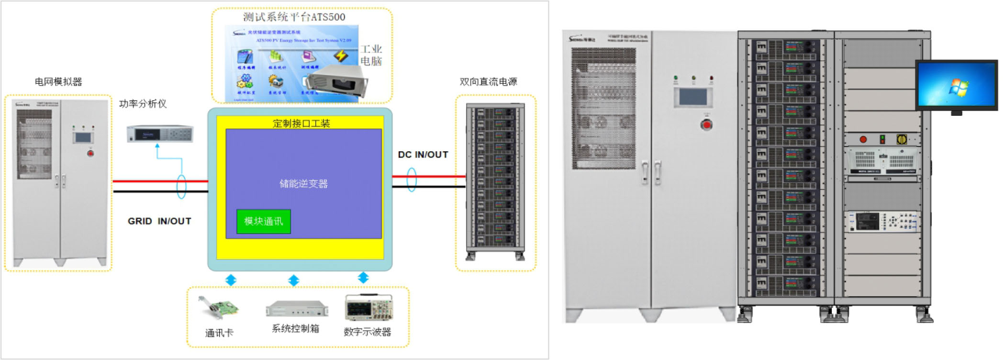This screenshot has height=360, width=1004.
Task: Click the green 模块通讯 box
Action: pyautogui.click(x=263, y=221)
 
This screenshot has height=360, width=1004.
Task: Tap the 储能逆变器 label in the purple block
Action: pyautogui.click(x=303, y=184)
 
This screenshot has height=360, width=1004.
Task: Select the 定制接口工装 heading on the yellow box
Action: pyautogui.click(x=301, y=124)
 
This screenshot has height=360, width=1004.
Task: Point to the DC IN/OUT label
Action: pyautogui.click(x=423, y=155)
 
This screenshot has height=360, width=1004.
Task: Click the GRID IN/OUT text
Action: pyautogui.click(x=159, y=221)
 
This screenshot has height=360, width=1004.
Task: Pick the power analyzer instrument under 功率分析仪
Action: pyautogui.click(x=160, y=134)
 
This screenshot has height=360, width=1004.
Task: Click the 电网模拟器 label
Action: pyautogui.click(x=58, y=82)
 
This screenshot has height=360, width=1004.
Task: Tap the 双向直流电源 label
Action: pyautogui.click(x=488, y=82)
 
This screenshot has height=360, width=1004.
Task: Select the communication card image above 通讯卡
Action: pyautogui.click(x=218, y=308)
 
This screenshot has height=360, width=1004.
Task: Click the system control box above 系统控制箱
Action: pyautogui.click(x=297, y=309)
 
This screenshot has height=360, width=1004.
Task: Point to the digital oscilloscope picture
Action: pyautogui.click(x=368, y=308)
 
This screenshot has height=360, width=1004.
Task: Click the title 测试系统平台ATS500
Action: pyautogui.click(x=294, y=17)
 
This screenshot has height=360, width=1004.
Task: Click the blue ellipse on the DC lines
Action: pyautogui.click(x=412, y=180)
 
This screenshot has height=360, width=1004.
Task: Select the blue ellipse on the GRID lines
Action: pyautogui.click(x=181, y=186)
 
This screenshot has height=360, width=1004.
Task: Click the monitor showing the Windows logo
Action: pyautogui.click(x=956, y=85)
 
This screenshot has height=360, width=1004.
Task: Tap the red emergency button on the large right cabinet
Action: pyautogui.click(x=706, y=125)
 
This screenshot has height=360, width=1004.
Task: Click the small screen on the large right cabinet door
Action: pyautogui.click(x=692, y=96)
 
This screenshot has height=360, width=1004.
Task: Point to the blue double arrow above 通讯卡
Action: pyautogui.click(x=231, y=280)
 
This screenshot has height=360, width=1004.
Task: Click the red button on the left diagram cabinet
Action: pyautogui.click(x=90, y=153)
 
